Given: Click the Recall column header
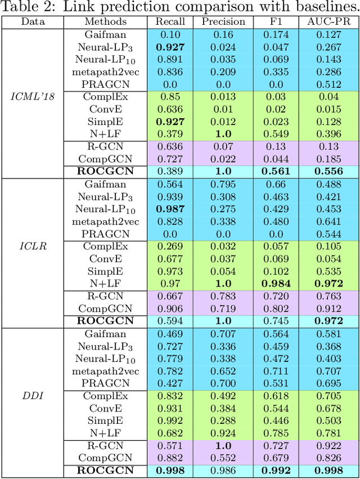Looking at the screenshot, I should pos(170,21).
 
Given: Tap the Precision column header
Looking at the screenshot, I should pos(223,21).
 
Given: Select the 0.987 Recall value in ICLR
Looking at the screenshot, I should pos(170,208).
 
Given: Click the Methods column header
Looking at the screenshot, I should pos(106,21).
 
